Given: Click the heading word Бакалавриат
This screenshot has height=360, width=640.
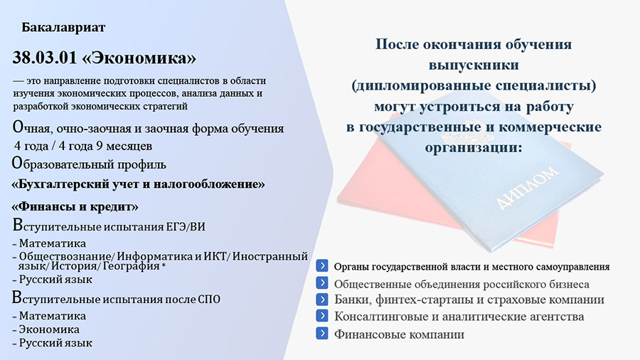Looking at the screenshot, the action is (63, 27).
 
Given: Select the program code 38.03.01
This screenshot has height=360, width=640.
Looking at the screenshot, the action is (45, 58).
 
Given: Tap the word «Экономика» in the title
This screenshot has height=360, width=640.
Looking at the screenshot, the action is (139, 58).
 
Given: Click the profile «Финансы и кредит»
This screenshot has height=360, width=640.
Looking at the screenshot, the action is (75, 206).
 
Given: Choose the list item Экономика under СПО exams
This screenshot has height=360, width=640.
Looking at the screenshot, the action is (49, 329).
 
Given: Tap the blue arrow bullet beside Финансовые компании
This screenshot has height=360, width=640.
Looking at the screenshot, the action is (321, 334).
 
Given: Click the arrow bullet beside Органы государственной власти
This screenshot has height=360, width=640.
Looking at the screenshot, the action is (321, 265).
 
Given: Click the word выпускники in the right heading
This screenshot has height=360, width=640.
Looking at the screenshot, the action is (474, 65).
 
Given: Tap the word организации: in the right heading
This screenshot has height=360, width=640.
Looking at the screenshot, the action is (474, 147).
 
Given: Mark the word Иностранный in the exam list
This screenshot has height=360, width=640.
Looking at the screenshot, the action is (270, 256).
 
